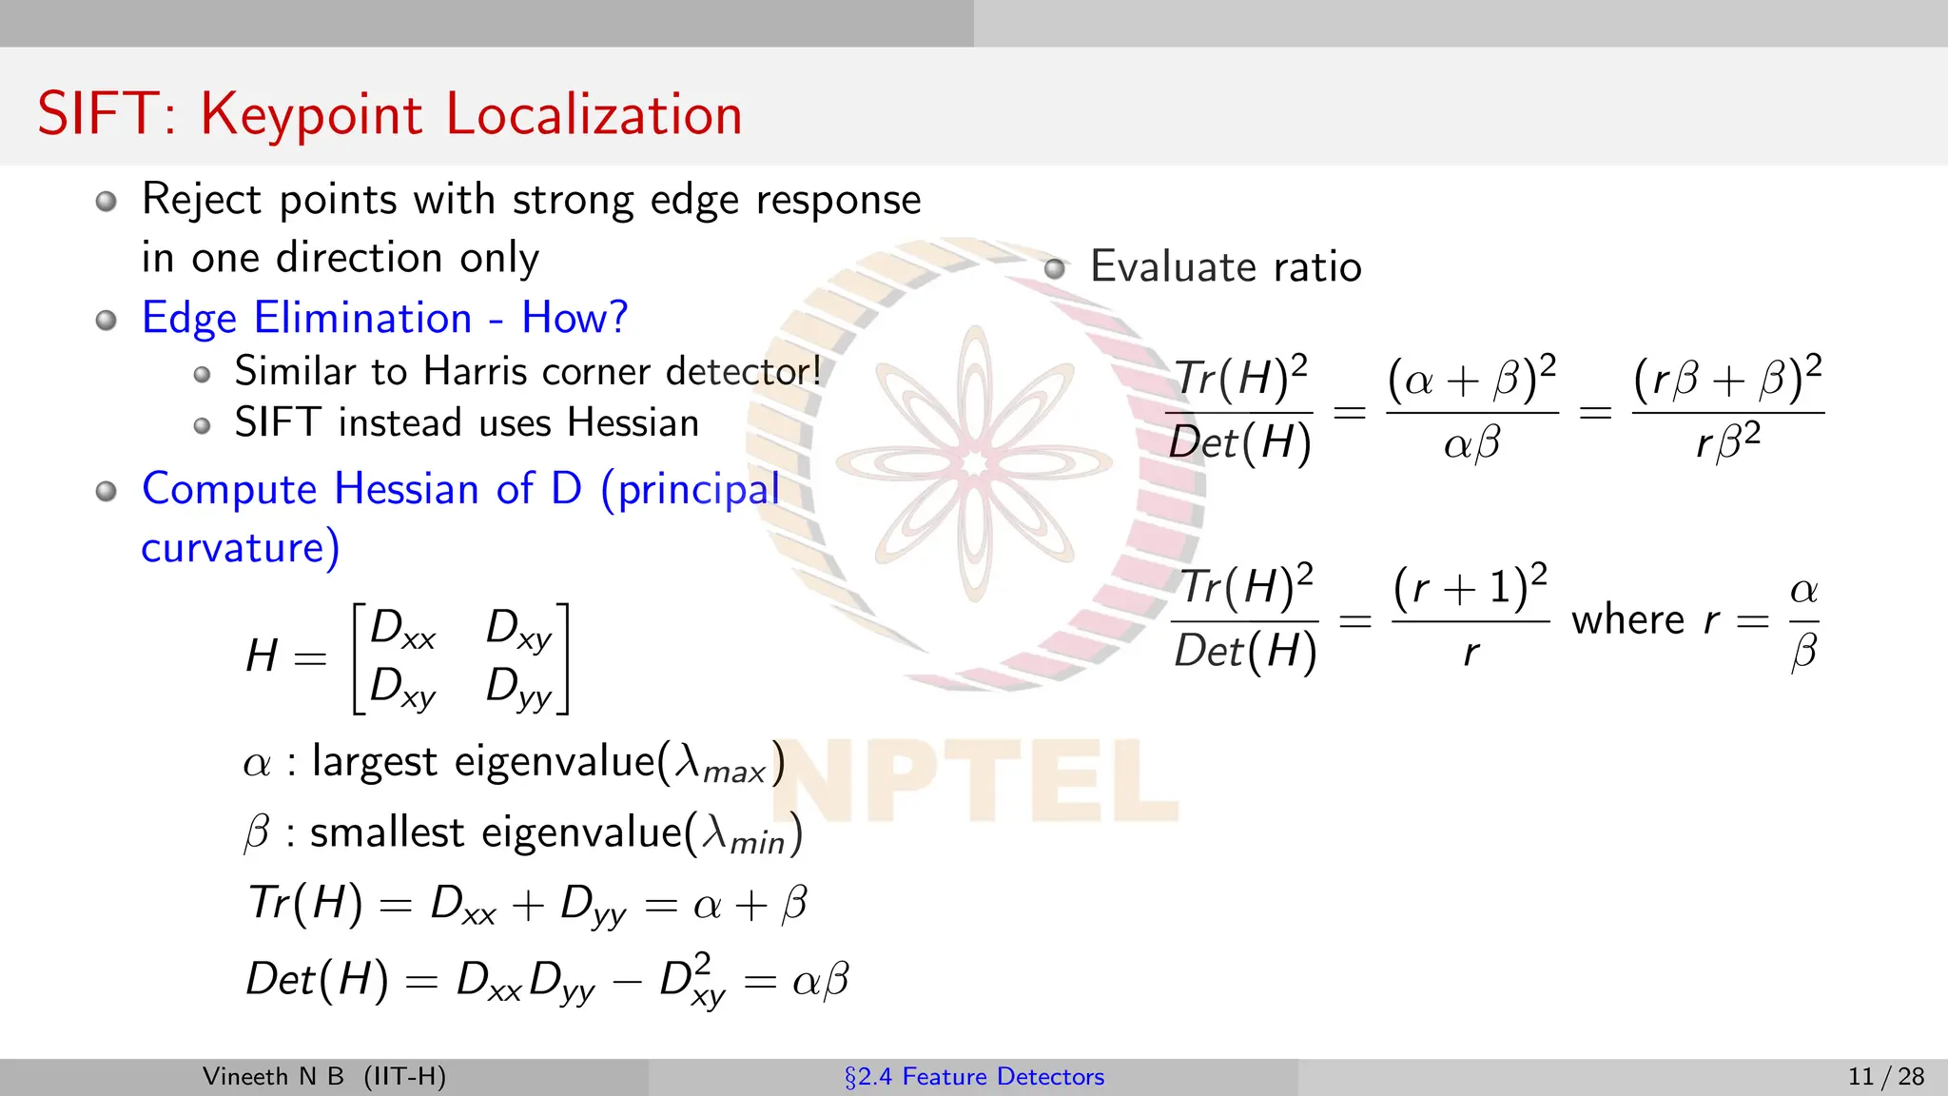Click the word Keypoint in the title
[311, 116]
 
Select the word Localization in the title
[594, 114]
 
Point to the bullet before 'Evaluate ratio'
[1054, 267]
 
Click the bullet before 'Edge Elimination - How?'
[107, 320]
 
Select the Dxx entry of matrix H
[402, 629]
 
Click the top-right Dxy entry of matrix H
[518, 629]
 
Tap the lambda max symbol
[720, 763]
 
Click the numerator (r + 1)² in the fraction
[1470, 589]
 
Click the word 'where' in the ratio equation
[1627, 620]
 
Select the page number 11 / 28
[1885, 1077]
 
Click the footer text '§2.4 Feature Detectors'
[974, 1077]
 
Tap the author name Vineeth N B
[273, 1077]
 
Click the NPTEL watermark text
[974, 780]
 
